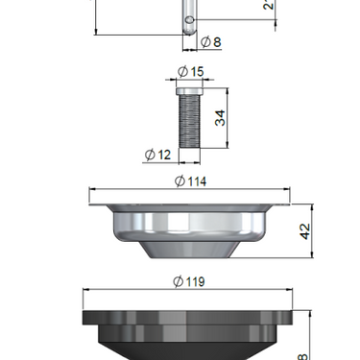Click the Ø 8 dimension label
(x=210, y=41)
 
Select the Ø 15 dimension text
(x=190, y=71)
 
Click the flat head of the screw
(x=190, y=86)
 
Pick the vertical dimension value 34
(x=220, y=117)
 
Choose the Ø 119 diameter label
(x=190, y=281)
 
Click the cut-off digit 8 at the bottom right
(x=304, y=354)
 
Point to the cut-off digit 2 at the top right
(x=268, y=4)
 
